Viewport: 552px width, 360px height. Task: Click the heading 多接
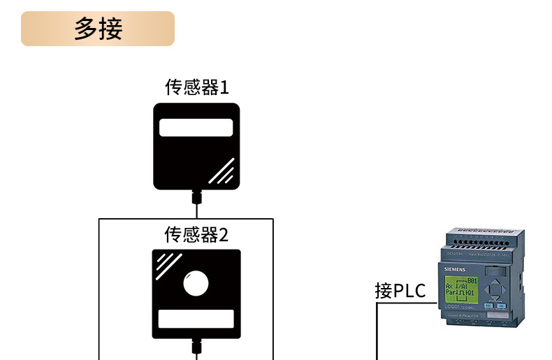[x=98, y=29]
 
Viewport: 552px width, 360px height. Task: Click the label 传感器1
[x=196, y=87]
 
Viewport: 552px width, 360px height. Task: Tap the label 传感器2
[x=196, y=234]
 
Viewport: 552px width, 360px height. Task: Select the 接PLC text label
[x=400, y=291]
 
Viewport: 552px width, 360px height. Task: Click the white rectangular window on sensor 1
[x=196, y=127]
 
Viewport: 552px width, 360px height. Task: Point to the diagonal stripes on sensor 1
[x=222, y=171]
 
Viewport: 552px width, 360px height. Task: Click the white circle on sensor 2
[x=196, y=284]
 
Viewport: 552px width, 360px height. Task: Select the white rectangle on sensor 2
[x=196, y=319]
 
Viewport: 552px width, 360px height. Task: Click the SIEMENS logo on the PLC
[x=455, y=270]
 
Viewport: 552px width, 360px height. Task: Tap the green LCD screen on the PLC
[x=460, y=287]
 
